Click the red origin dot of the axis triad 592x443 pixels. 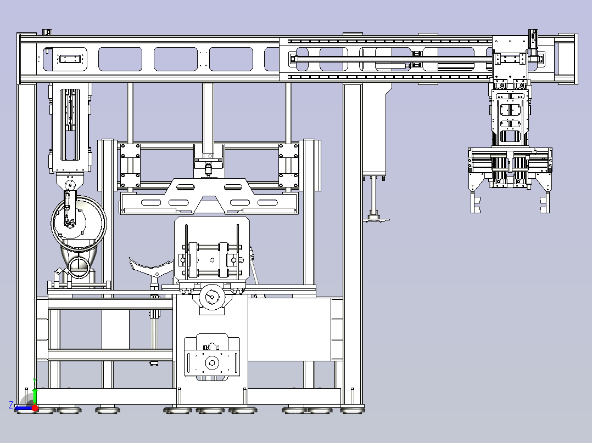(35, 408)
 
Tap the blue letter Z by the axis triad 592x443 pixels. (11, 405)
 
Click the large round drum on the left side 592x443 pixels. (79, 223)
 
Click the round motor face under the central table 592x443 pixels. (212, 297)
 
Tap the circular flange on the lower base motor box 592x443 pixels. (212, 363)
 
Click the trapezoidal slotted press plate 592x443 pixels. (209, 196)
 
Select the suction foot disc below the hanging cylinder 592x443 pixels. (376, 219)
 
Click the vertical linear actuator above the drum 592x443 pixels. (70, 128)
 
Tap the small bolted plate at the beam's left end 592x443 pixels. (70, 59)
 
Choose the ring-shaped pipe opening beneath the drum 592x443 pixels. (79, 267)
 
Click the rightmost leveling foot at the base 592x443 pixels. (353, 409)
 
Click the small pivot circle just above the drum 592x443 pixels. (69, 185)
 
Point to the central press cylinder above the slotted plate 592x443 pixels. (208, 128)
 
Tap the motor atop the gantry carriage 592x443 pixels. (533, 43)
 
